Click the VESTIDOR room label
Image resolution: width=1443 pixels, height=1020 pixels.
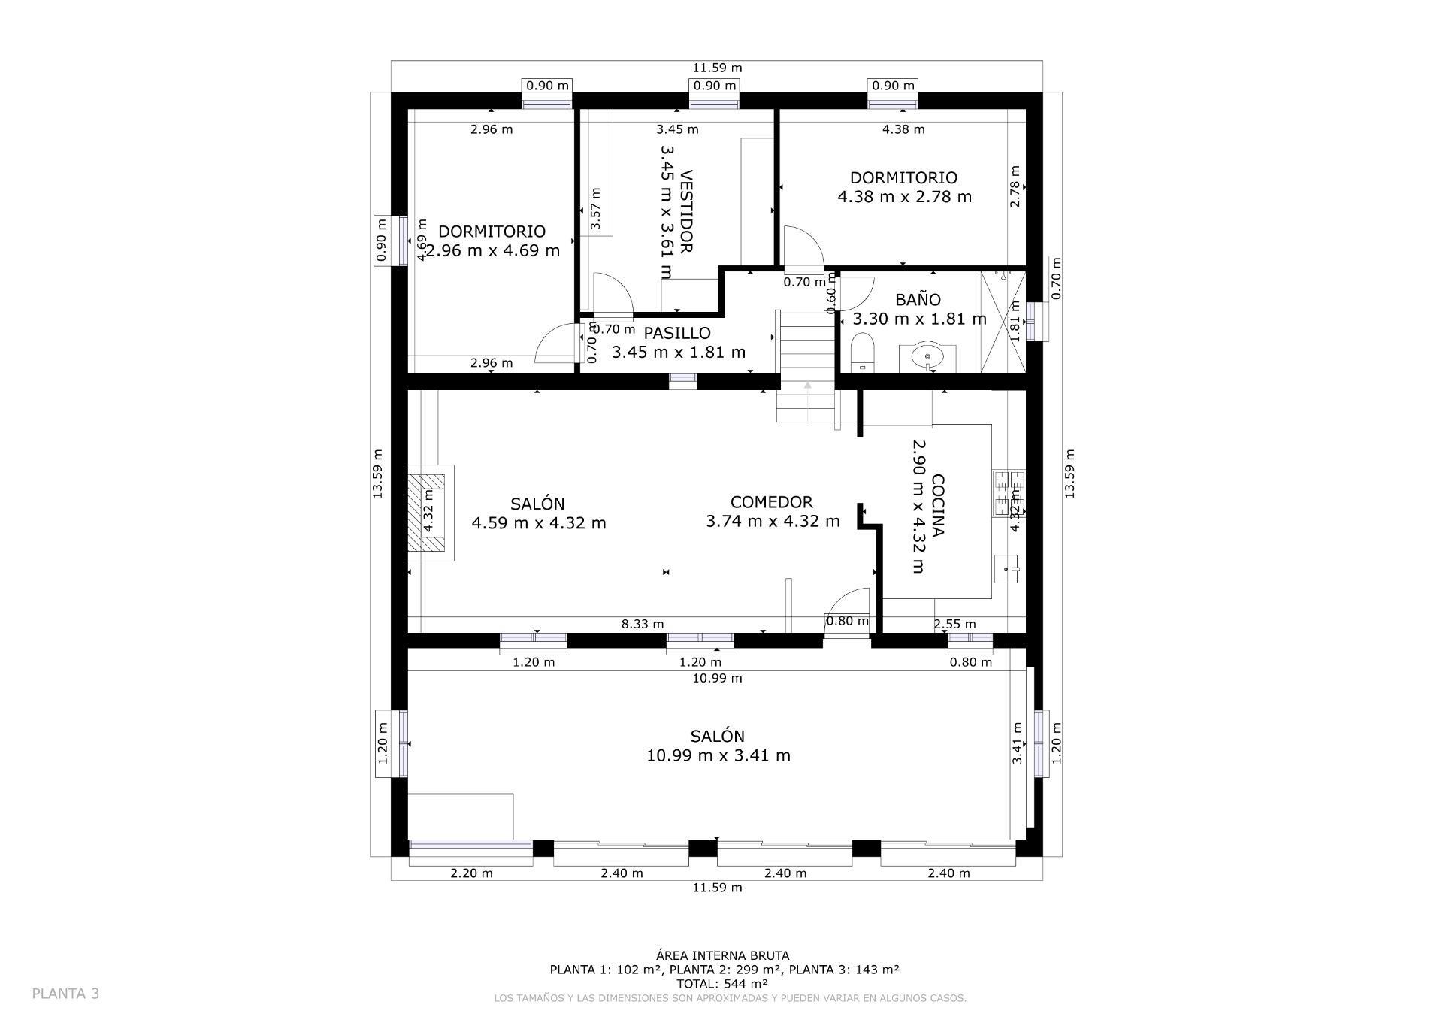tap(685, 211)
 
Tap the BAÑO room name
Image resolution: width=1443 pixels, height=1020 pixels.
tap(918, 300)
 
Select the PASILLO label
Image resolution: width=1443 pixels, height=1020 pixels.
tap(677, 333)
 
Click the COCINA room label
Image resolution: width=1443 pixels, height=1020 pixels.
tap(937, 506)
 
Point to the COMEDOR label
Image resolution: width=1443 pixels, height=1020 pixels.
tap(771, 502)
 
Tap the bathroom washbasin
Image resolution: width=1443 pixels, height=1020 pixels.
tap(929, 357)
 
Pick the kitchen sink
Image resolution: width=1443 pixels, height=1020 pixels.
tap(1007, 569)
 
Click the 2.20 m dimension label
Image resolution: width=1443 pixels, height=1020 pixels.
tap(471, 873)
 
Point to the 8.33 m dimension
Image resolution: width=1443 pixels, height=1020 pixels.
tap(643, 624)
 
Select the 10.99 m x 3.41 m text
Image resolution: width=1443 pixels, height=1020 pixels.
tap(718, 756)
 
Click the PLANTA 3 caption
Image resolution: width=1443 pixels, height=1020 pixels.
tap(65, 994)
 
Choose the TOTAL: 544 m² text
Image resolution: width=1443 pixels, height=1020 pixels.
tap(721, 984)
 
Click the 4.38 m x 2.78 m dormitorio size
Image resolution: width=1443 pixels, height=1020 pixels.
tap(904, 197)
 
